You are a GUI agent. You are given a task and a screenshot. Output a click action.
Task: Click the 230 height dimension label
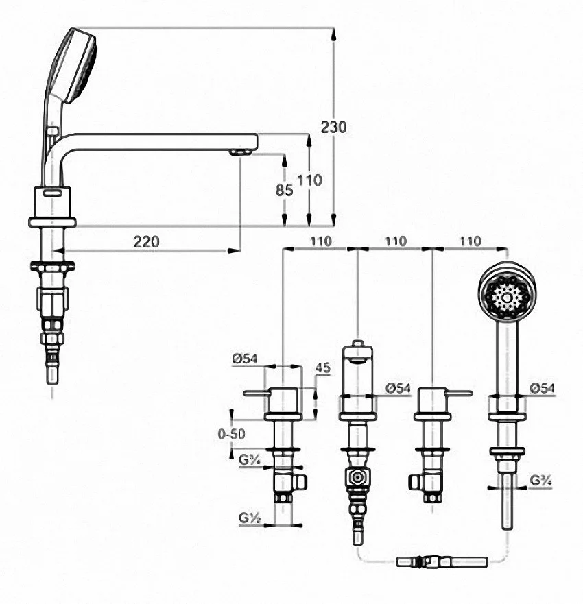click(x=334, y=127)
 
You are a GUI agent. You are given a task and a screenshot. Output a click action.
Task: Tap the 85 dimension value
click(x=285, y=190)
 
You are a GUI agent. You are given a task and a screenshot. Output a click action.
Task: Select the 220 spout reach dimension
click(x=146, y=242)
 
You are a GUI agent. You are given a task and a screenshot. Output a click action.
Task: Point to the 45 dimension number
click(x=323, y=368)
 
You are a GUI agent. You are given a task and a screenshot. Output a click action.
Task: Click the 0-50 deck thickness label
click(x=231, y=434)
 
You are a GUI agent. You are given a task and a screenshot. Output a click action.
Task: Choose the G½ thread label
click(x=250, y=518)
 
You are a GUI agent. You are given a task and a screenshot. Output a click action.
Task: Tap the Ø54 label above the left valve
click(x=244, y=359)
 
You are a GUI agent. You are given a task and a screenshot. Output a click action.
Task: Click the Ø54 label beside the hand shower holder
click(x=542, y=388)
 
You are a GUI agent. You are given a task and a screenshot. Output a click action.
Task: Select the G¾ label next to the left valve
click(x=250, y=459)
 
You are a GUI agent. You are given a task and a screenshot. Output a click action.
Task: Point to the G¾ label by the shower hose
click(x=540, y=480)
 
